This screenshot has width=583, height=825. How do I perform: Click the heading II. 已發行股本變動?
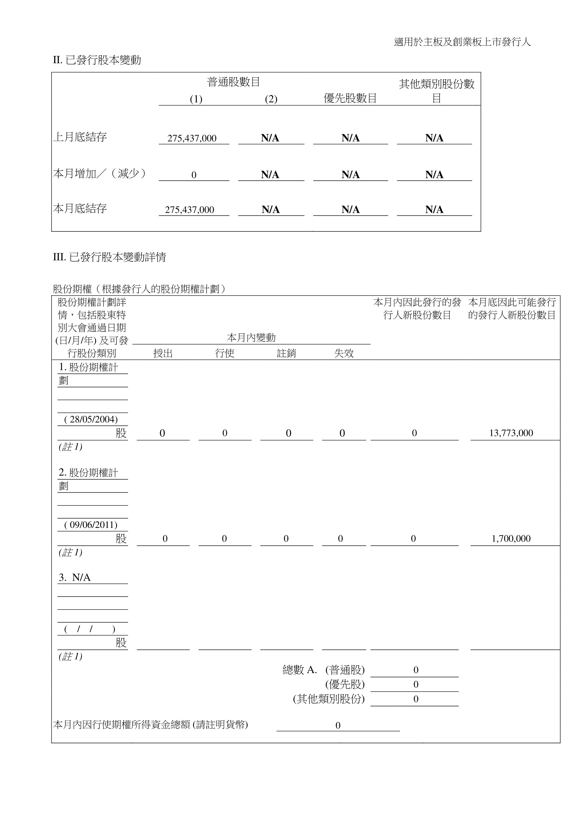97,60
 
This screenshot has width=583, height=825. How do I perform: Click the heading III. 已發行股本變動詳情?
109,257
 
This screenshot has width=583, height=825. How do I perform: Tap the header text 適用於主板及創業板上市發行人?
462,42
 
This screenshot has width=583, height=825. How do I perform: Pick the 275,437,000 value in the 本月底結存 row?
190,210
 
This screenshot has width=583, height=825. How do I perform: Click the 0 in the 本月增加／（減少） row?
194,175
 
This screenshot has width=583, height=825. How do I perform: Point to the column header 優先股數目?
350,98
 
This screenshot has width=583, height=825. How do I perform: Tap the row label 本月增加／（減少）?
100,174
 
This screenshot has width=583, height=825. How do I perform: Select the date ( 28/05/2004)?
91,419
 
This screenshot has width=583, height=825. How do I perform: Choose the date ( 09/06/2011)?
91,525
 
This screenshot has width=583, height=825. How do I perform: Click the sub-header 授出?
163,353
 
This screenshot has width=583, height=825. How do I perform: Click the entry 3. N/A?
75,578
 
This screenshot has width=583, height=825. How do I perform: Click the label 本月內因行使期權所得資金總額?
150,724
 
